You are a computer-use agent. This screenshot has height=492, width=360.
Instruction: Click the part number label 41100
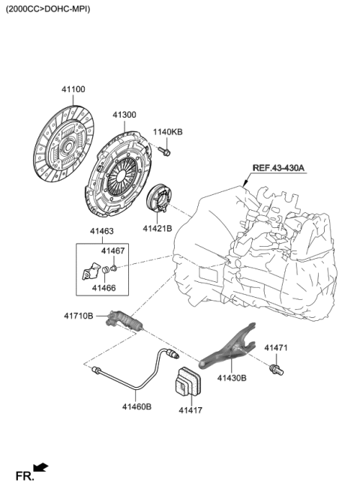click(x=73, y=89)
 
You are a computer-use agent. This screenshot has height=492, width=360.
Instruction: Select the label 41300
click(x=124, y=115)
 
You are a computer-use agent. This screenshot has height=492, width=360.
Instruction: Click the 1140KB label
click(x=168, y=132)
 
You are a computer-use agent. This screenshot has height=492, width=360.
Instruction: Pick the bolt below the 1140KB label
click(x=166, y=153)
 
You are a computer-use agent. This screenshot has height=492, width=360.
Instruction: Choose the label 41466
click(x=104, y=286)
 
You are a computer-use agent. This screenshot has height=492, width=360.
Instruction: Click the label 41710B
click(x=79, y=316)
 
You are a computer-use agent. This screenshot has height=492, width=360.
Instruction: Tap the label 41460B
click(x=136, y=407)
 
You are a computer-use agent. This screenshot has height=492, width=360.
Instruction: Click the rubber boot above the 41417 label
click(x=187, y=384)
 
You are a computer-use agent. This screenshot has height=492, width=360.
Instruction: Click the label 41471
click(x=277, y=347)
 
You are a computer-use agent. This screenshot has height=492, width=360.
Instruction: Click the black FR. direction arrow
click(x=42, y=469)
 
